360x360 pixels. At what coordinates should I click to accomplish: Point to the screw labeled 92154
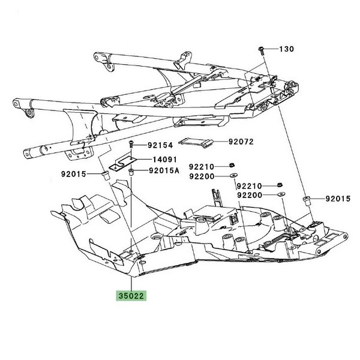pos(130,145)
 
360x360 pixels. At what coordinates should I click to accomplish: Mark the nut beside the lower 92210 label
pos(280,185)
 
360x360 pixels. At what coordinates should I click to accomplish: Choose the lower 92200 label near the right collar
pos(250,196)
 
